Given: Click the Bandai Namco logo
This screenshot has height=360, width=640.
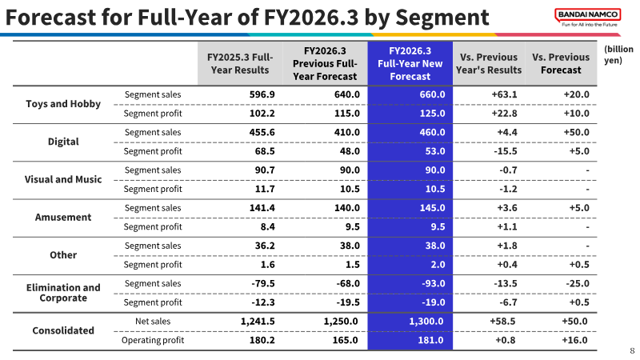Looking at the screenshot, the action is click(x=588, y=18).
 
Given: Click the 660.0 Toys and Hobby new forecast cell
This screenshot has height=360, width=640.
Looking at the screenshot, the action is click(x=432, y=94).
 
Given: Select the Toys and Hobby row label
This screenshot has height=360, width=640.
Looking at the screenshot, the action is click(x=63, y=104).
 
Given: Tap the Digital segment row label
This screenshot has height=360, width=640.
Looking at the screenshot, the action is click(x=63, y=142).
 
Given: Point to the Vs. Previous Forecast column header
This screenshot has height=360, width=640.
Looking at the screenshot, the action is click(x=561, y=64).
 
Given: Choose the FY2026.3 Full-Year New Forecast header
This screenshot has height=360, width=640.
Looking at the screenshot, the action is click(x=410, y=64).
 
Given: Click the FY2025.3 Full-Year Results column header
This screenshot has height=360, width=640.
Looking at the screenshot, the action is click(x=240, y=64).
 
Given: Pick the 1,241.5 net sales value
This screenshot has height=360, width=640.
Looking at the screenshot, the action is click(x=258, y=322).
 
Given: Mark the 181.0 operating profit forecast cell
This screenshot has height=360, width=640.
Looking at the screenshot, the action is click(x=430, y=341).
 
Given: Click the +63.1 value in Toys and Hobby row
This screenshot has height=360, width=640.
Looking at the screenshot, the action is click(x=504, y=94).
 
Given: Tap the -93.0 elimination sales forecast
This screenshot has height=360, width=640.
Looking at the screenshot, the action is click(x=434, y=284).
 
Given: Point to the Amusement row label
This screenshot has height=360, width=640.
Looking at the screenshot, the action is click(x=63, y=217).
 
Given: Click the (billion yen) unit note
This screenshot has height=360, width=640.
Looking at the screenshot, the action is click(x=618, y=54).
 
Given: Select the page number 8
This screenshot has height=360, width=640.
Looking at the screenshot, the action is click(x=632, y=351).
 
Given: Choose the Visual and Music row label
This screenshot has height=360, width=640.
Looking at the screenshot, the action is click(x=63, y=179).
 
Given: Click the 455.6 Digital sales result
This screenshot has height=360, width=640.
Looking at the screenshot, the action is click(x=262, y=133).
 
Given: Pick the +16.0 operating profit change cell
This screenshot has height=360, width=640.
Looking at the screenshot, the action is click(x=574, y=341).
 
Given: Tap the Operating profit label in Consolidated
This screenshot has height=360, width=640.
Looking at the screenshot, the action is click(x=153, y=341).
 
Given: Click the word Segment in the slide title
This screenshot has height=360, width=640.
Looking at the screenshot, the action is click(x=442, y=18).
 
